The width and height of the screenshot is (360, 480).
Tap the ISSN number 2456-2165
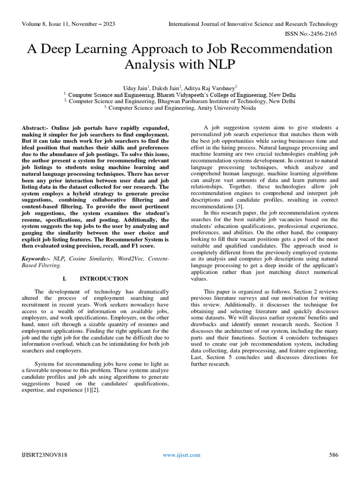pos(324,34)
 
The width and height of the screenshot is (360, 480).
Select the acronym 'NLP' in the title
pos(221,64)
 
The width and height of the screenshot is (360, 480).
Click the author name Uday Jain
pos(135,87)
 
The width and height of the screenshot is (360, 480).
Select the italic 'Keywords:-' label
pos(37,258)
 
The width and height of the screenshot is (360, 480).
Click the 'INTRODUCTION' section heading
pos(104,278)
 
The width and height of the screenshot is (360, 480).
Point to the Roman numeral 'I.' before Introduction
pos(65,278)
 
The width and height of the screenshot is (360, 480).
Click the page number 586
pos(333,455)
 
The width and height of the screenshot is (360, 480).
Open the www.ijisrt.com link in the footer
pos(181,455)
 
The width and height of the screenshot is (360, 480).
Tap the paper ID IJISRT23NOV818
pos(45,455)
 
